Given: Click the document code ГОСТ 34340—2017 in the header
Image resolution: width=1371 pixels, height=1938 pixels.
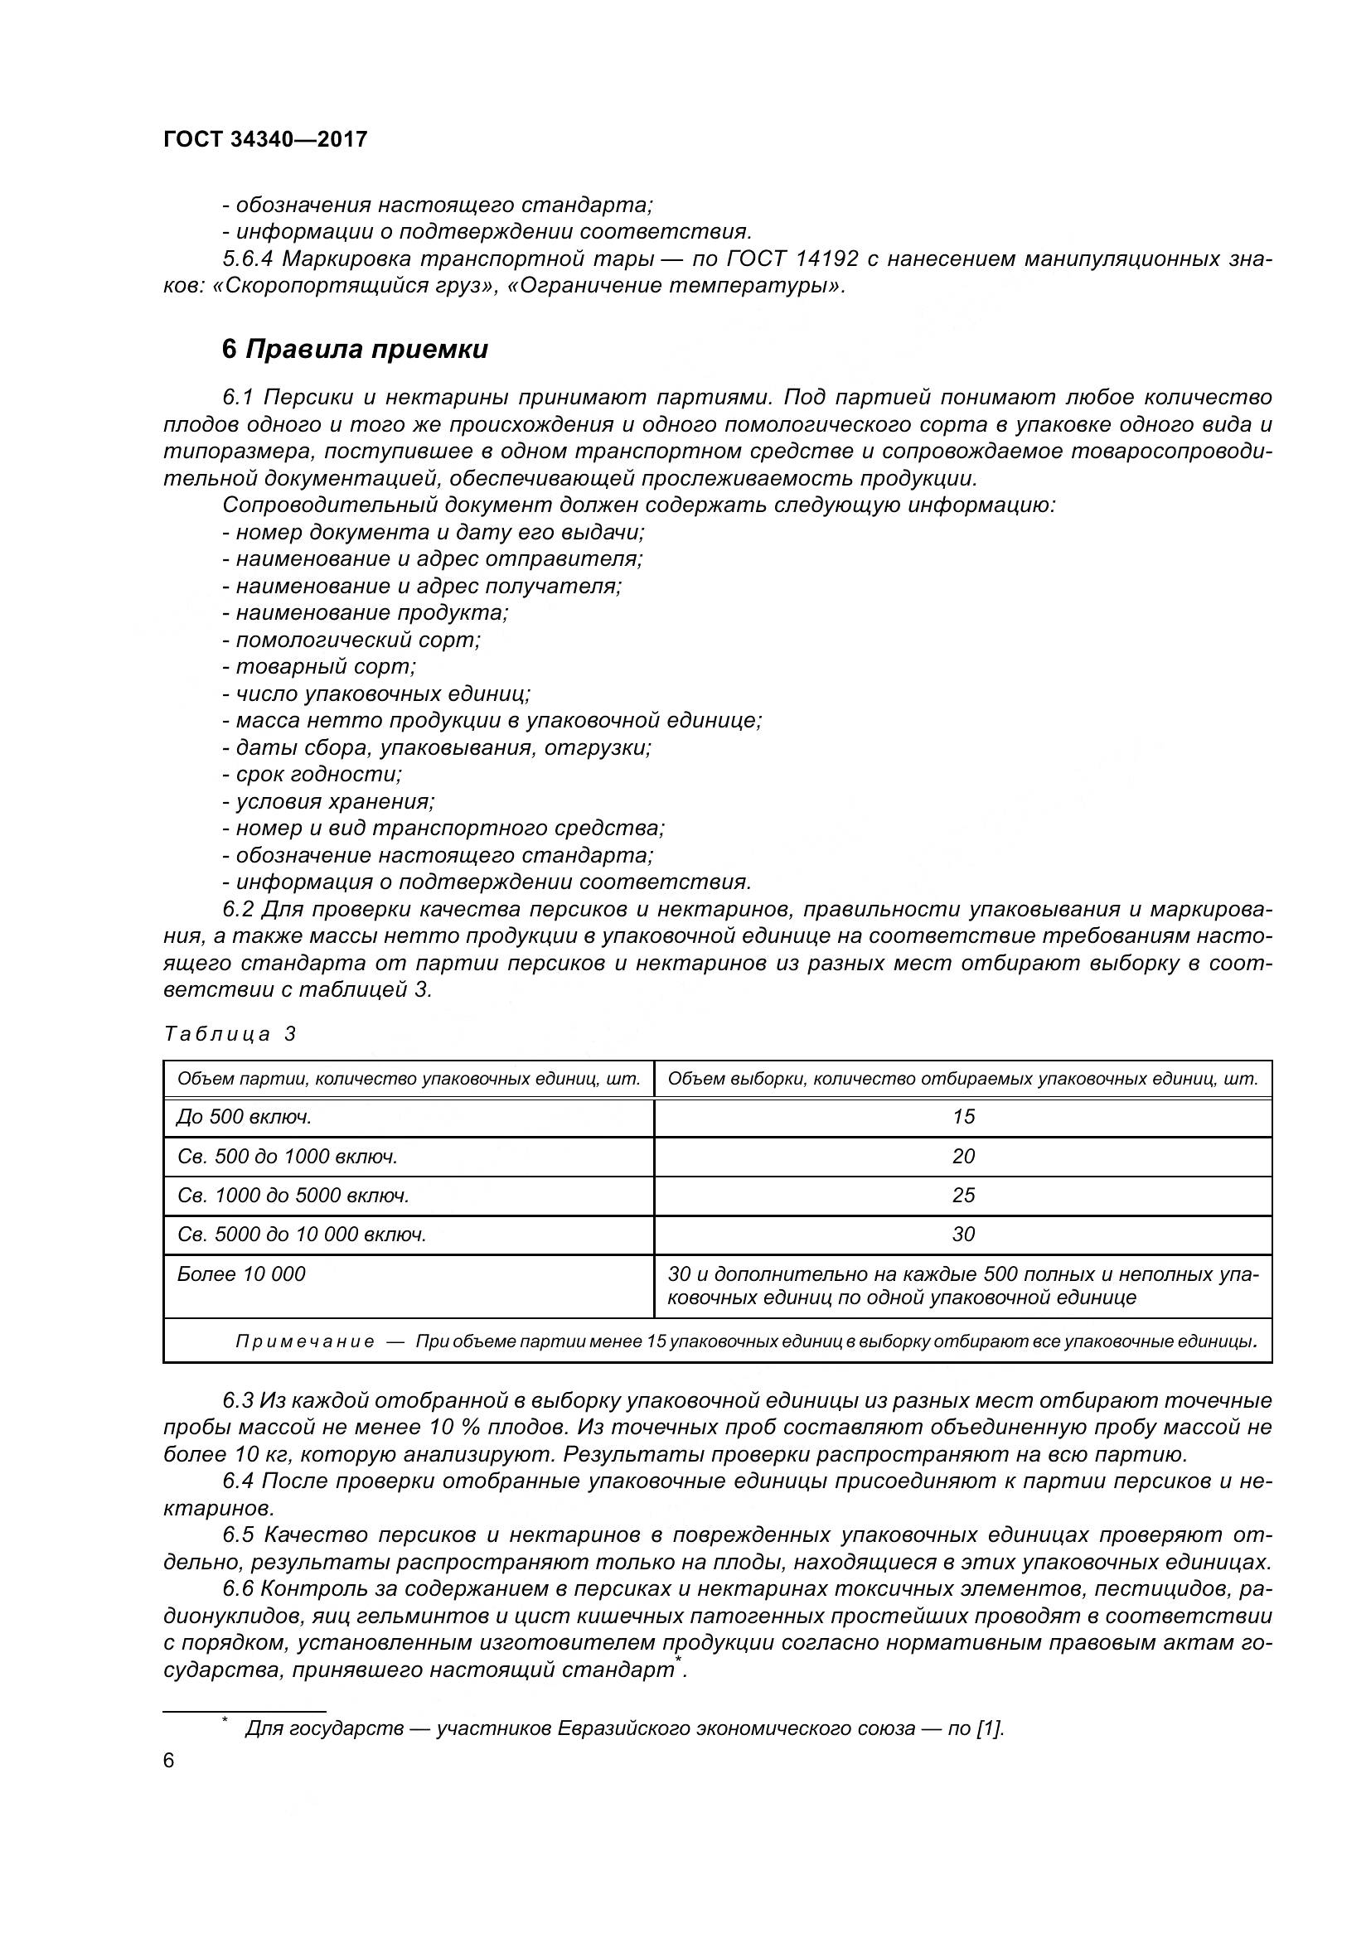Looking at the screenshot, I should pyautogui.click(x=265, y=140).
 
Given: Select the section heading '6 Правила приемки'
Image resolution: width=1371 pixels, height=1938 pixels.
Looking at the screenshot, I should pyautogui.click(x=355, y=350).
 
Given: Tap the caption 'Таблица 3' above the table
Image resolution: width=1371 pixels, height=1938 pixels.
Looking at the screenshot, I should pyautogui.click(x=230, y=1034).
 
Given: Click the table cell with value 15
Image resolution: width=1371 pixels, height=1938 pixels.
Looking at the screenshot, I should pyautogui.click(x=962, y=1117).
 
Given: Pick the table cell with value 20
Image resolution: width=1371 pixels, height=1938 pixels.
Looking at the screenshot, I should pyautogui.click(x=962, y=1157).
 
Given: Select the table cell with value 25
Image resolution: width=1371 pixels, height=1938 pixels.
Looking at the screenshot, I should pyautogui.click(x=962, y=1196).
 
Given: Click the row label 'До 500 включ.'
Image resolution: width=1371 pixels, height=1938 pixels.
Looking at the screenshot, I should pyautogui.click(x=244, y=1117).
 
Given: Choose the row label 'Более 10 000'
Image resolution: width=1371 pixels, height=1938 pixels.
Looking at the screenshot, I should pyautogui.click(x=240, y=1273).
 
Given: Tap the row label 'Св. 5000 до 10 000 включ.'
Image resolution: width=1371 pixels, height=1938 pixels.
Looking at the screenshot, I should pyautogui.click(x=302, y=1235).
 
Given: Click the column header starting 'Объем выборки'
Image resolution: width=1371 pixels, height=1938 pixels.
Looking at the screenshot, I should pyautogui.click(x=962, y=1079).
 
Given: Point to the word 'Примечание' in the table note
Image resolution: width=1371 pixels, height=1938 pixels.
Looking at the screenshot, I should pyautogui.click(x=304, y=1342).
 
